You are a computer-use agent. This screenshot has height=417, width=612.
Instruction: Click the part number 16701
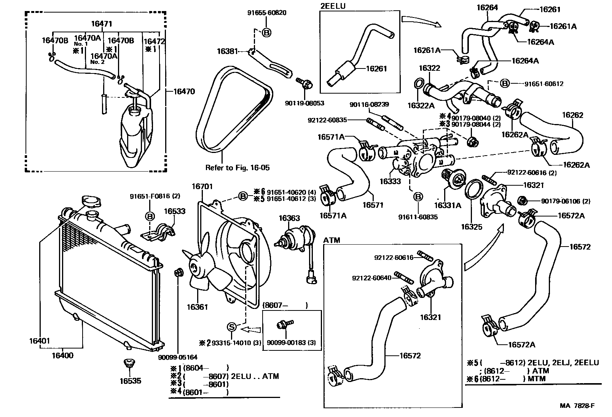202,186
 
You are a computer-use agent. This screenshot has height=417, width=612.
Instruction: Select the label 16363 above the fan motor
289,218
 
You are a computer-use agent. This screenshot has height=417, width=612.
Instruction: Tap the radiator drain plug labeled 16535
129,364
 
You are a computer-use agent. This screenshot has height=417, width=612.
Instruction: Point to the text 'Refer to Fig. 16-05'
237,168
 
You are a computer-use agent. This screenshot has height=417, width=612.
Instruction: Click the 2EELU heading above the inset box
333,6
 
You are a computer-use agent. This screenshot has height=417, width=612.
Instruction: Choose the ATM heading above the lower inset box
331,240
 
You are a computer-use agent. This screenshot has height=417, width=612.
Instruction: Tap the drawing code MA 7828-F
577,406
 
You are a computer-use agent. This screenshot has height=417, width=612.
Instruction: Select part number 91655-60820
267,13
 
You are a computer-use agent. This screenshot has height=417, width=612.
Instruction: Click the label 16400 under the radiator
62,356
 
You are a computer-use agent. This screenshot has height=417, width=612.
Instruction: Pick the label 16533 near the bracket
175,212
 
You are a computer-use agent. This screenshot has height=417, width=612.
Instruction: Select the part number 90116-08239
369,104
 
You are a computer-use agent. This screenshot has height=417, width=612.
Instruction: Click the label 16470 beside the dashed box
184,91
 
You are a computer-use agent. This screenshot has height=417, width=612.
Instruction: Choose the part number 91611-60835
418,217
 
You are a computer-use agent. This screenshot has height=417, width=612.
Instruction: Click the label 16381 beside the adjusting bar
227,51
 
